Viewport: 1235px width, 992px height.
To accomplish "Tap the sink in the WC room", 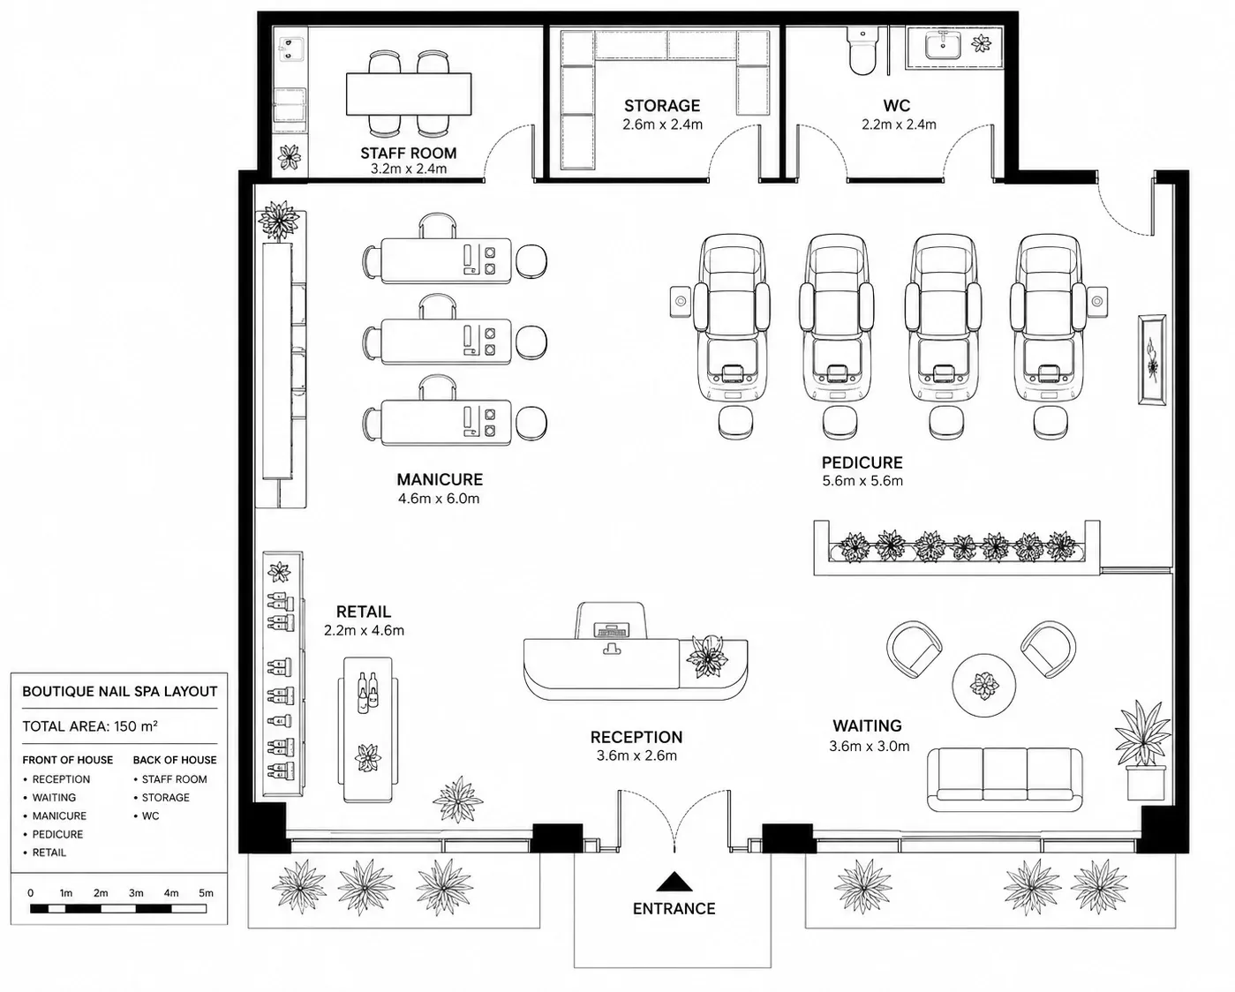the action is point(942,45).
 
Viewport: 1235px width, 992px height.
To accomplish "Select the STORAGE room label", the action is point(662,106).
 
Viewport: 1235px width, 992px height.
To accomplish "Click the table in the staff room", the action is point(409,94).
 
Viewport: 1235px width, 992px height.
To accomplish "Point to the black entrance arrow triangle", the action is point(674,882).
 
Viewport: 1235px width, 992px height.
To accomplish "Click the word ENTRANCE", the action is point(674,909).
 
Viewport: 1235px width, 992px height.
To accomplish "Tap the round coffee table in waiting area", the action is point(984,685).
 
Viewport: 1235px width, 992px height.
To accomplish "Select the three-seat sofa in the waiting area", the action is point(1005,778).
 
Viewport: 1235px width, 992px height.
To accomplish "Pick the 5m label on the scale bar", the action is point(206,893).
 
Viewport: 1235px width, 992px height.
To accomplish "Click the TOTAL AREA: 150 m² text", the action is point(90,726).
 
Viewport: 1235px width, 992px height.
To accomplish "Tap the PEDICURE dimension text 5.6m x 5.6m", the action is point(862,481).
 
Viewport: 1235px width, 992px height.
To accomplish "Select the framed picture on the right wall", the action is point(1152,360).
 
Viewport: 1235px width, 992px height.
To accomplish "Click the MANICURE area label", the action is point(440,479).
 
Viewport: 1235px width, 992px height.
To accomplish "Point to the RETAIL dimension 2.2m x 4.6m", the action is point(364,630).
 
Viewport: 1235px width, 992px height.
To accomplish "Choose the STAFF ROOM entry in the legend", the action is point(174,779).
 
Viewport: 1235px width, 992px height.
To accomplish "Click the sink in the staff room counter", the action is point(290,49).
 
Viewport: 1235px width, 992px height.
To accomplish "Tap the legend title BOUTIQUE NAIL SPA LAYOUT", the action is point(120,691).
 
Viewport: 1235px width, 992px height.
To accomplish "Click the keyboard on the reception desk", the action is point(613,631).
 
